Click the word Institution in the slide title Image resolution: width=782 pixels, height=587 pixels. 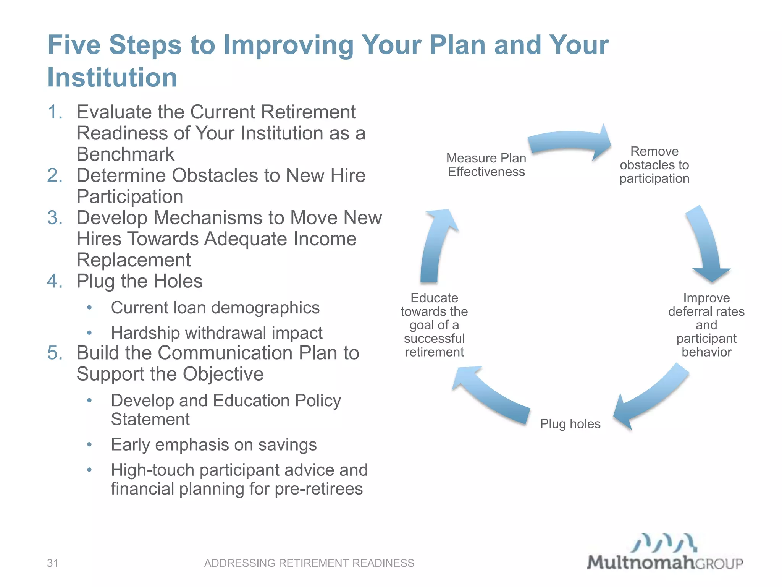tap(112, 78)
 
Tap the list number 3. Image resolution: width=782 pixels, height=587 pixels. tap(55, 218)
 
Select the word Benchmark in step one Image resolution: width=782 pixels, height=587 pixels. tap(125, 154)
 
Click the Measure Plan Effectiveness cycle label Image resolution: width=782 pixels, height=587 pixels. tap(486, 165)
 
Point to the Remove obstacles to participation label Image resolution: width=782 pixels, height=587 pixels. tap(654, 165)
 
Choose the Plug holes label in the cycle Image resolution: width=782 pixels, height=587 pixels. tap(570, 424)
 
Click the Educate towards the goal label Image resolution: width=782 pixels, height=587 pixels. tap(434, 325)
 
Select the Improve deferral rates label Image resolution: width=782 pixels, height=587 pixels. tap(706, 325)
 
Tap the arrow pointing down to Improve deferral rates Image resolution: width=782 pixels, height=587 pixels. tap(706, 245)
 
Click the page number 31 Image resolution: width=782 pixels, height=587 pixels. tap(52, 563)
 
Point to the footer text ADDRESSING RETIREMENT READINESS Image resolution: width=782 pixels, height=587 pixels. tap(309, 563)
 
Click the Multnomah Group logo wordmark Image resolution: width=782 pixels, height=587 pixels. tap(664, 562)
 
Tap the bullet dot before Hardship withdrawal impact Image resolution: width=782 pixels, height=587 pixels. tap(89, 333)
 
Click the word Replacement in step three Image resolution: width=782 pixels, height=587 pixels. tap(134, 260)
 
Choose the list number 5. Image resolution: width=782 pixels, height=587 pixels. tap(55, 353)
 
